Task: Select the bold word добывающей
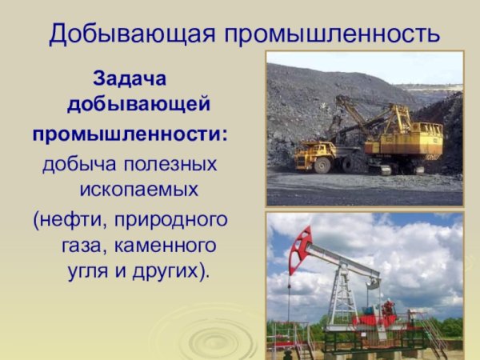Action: [x=138, y=105]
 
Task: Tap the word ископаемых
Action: [x=138, y=191]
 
